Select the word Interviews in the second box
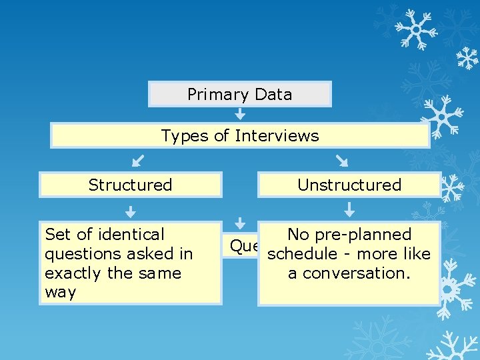(277, 136)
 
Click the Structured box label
(130, 185)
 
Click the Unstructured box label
(349, 185)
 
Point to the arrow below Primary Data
(240, 115)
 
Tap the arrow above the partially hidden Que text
(241, 225)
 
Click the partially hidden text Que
(243, 246)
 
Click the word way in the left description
(60, 293)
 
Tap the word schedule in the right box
(300, 254)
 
